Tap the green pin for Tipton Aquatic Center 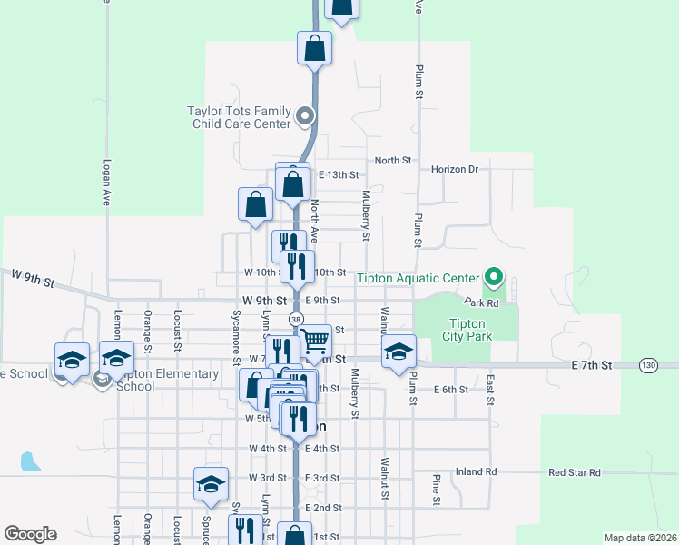click(x=494, y=275)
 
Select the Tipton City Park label click(x=467, y=331)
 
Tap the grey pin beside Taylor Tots click(x=305, y=116)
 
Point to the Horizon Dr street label click(x=454, y=169)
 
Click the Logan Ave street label click(x=106, y=184)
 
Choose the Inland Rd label click(x=477, y=471)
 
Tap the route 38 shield click(x=296, y=319)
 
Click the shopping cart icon click(x=315, y=342)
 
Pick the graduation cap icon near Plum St click(x=398, y=352)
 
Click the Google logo click(x=30, y=534)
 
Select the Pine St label click(x=437, y=489)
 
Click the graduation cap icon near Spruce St click(x=211, y=484)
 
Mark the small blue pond click(x=30, y=461)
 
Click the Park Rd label click(x=481, y=302)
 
